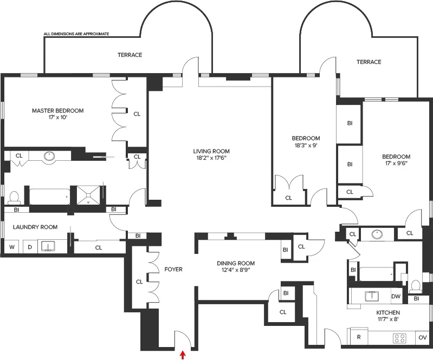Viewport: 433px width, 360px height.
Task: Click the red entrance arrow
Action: tap(183, 355)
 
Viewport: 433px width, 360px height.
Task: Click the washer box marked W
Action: tap(11, 247)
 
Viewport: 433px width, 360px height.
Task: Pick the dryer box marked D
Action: tap(30, 247)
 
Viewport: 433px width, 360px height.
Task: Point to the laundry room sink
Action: tap(49, 247)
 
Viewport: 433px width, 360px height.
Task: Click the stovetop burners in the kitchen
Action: tap(400, 338)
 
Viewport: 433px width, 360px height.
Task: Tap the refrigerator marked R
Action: tap(359, 337)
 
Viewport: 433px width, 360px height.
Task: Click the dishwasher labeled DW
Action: tap(396, 296)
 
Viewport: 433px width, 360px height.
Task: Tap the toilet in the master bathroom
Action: tap(15, 195)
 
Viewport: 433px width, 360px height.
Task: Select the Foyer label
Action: tap(173, 269)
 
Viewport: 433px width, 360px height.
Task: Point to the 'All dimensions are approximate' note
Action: tap(76, 34)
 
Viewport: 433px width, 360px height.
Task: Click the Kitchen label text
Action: tap(388, 313)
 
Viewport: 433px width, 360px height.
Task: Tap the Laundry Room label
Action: tap(35, 227)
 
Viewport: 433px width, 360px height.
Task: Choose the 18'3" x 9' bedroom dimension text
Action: tap(306, 145)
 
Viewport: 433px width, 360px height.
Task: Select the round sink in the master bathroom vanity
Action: tap(50, 156)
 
